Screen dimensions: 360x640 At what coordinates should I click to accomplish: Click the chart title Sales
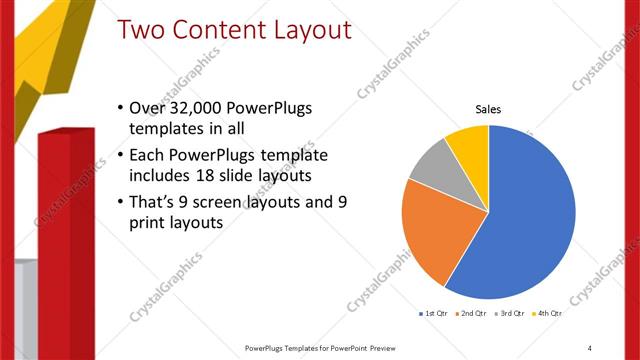pos(488,110)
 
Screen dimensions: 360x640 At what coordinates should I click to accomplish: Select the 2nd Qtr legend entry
pos(471,314)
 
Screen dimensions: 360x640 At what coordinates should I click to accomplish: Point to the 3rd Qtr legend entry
pos(510,314)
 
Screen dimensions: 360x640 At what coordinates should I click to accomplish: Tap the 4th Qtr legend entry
pos(548,314)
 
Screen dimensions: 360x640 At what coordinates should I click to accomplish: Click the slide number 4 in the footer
pos(589,347)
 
